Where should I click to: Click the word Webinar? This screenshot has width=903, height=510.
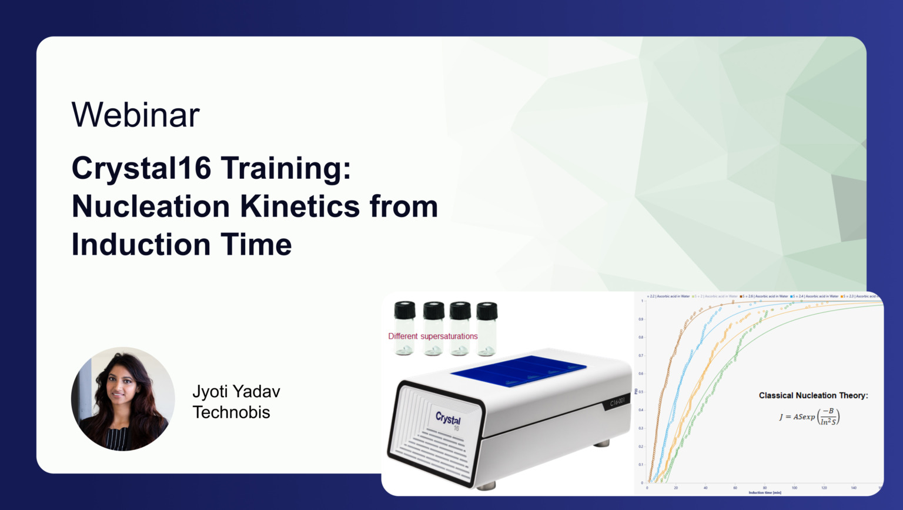(136, 115)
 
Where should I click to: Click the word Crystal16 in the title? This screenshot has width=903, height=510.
(141, 168)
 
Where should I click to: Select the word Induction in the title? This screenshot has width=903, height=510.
(141, 245)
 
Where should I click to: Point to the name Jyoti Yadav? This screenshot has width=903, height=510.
(236, 391)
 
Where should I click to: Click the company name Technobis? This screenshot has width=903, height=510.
(231, 412)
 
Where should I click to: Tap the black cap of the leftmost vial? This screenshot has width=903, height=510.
(404, 310)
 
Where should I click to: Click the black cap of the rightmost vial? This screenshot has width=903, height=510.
(487, 311)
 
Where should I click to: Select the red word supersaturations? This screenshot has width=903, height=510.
(449, 336)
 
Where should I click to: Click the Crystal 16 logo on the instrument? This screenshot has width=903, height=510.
(448, 419)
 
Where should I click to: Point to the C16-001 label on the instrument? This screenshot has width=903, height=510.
(617, 401)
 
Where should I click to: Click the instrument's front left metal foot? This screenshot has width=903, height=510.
(486, 486)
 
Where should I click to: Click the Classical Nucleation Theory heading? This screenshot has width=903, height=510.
(813, 395)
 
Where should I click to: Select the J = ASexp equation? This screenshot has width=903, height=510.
(810, 416)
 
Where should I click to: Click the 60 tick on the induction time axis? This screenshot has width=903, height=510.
(735, 488)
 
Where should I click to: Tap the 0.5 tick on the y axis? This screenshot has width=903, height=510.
(641, 392)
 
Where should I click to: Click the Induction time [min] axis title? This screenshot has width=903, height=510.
(764, 493)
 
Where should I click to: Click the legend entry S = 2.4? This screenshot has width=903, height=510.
(814, 296)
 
